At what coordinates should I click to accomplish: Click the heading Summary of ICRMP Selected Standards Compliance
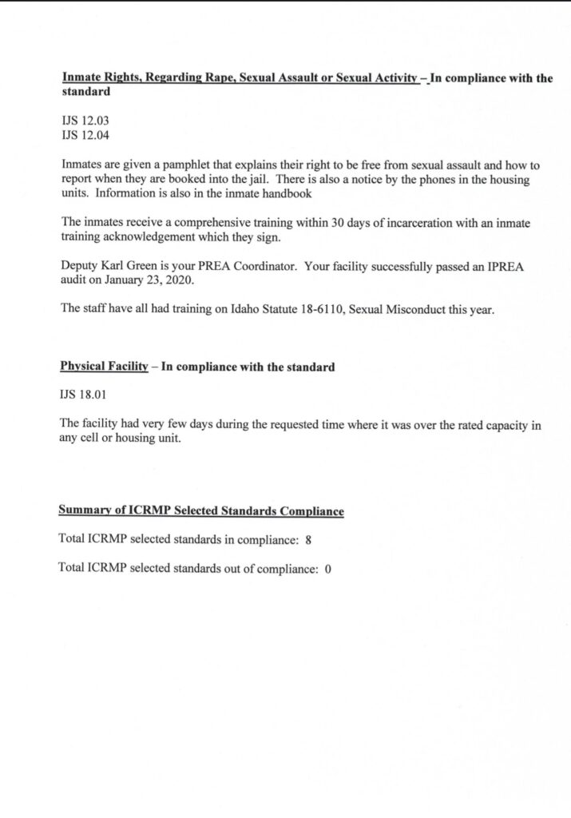tap(201, 511)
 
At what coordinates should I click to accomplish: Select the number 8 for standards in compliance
tap(308, 540)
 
